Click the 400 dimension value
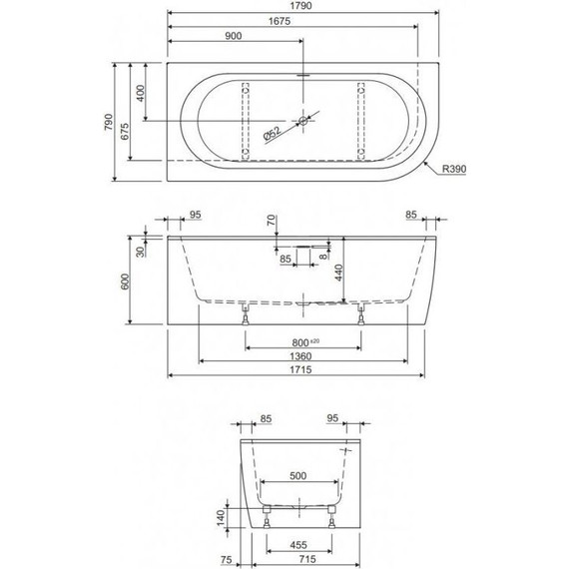[142, 93]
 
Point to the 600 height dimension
[128, 282]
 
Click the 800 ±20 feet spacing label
[301, 343]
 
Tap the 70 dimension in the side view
[271, 220]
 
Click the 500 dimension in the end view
[297, 476]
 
